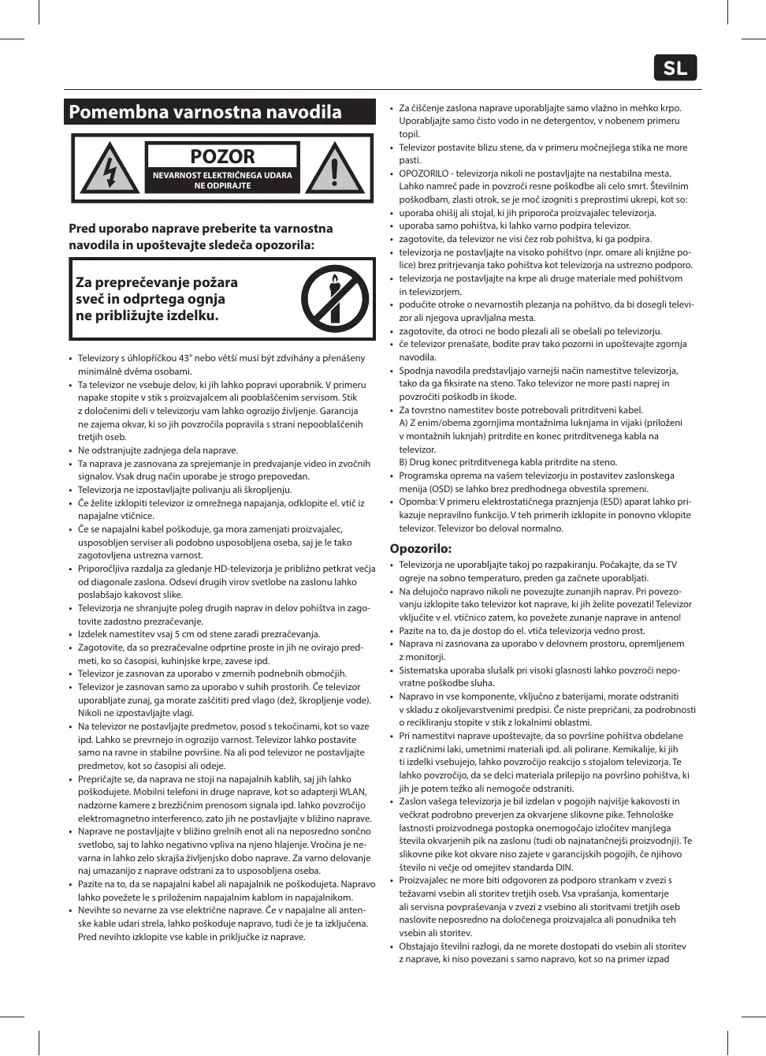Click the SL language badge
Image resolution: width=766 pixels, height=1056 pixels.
(675, 69)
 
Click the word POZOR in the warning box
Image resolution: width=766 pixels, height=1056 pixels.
(222, 156)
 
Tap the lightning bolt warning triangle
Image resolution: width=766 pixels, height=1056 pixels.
(110, 169)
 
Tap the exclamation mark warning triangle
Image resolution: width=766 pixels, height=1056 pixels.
(335, 169)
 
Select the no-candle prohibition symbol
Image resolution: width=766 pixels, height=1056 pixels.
(336, 299)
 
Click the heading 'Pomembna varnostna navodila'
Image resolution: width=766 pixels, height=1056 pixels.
(206, 112)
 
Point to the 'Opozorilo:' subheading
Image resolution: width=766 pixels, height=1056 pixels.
(421, 548)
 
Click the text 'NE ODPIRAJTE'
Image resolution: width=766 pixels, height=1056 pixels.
(222, 186)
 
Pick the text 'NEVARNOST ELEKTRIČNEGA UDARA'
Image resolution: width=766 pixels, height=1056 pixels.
(222, 175)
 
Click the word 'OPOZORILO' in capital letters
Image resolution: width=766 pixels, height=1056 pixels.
(423, 174)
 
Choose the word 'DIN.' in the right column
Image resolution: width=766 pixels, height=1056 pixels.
(563, 868)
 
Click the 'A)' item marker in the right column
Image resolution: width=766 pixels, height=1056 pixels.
(403, 423)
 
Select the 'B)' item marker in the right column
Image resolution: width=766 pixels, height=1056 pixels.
(403, 462)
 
